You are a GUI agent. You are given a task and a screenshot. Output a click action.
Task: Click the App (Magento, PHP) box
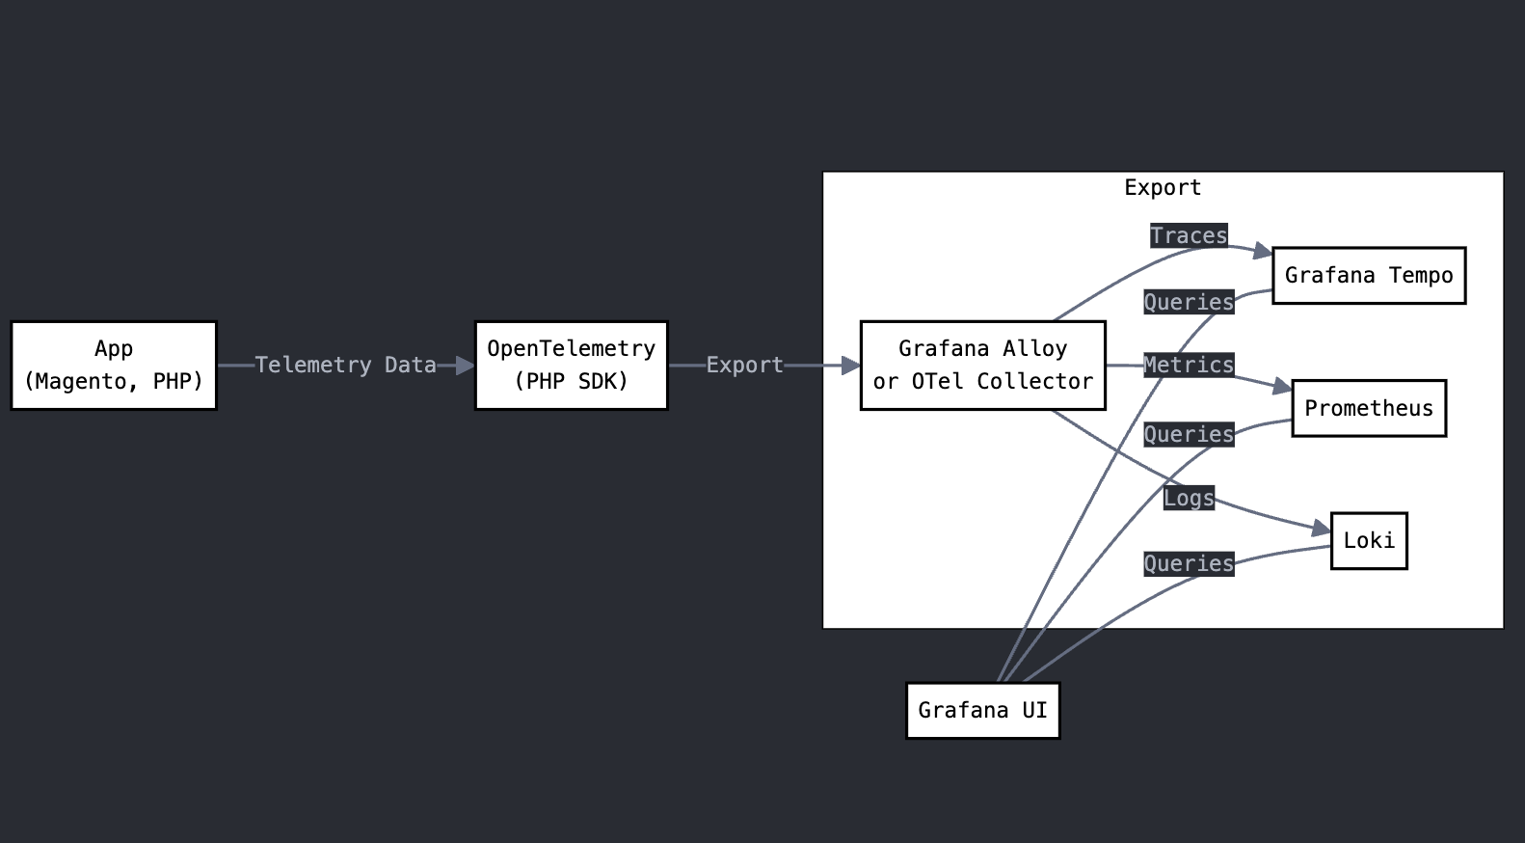point(114,366)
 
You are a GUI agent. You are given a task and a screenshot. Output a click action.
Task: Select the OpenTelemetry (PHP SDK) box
point(571,366)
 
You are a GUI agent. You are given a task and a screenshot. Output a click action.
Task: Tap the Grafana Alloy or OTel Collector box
point(982,366)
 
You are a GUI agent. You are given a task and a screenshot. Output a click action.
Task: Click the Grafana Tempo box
point(1369,276)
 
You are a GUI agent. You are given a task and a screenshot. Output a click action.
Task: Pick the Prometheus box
point(1369,408)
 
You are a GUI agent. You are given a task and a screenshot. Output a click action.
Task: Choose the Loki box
point(1369,540)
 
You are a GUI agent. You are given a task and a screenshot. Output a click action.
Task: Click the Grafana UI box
point(982,711)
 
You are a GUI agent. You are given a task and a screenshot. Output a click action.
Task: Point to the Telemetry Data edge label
point(345,366)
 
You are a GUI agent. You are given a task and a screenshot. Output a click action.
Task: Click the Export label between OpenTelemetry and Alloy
point(744,366)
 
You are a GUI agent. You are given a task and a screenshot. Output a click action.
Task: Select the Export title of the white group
point(1163,188)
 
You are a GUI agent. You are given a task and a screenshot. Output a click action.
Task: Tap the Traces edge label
point(1189,236)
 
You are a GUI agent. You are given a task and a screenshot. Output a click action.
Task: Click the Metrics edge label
point(1189,366)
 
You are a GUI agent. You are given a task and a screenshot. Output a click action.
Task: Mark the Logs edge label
point(1189,499)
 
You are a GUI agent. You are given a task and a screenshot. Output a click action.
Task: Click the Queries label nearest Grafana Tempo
point(1189,303)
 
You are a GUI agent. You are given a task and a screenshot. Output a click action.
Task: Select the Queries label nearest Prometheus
point(1189,435)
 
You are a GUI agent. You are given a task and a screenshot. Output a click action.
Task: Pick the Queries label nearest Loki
point(1189,564)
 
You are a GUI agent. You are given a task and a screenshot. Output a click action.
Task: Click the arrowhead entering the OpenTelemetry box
point(466,366)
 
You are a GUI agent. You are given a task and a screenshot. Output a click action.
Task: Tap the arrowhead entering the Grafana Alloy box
point(851,366)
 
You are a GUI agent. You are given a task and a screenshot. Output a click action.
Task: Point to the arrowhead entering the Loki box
point(1322,529)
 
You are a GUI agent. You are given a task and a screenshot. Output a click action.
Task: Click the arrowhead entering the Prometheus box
point(1283,388)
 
